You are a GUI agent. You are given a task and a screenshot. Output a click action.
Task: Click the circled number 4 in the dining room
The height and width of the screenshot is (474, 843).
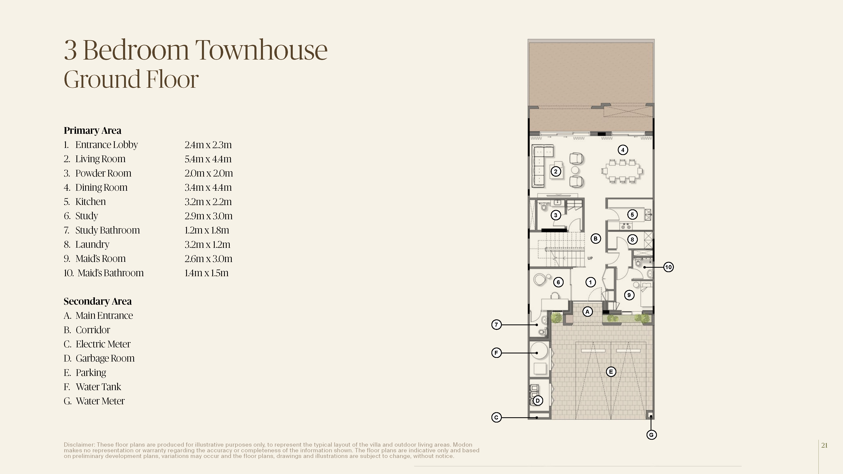[623, 150]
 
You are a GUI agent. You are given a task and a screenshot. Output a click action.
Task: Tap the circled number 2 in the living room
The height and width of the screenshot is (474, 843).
[556, 171]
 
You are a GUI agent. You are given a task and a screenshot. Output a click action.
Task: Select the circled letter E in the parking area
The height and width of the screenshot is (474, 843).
[611, 372]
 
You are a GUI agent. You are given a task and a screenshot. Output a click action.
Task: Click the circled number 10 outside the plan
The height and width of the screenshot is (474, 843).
[668, 267]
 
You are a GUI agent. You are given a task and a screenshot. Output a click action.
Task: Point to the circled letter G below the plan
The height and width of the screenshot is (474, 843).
[651, 435]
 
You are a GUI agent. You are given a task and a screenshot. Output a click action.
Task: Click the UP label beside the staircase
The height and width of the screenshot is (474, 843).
[590, 258]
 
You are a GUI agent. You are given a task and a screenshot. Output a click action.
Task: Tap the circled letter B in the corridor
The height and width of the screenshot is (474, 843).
[596, 239]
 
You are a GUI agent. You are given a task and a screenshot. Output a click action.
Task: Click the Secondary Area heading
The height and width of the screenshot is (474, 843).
[98, 301]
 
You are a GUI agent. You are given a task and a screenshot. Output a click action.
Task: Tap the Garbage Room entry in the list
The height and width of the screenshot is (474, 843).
[105, 358]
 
